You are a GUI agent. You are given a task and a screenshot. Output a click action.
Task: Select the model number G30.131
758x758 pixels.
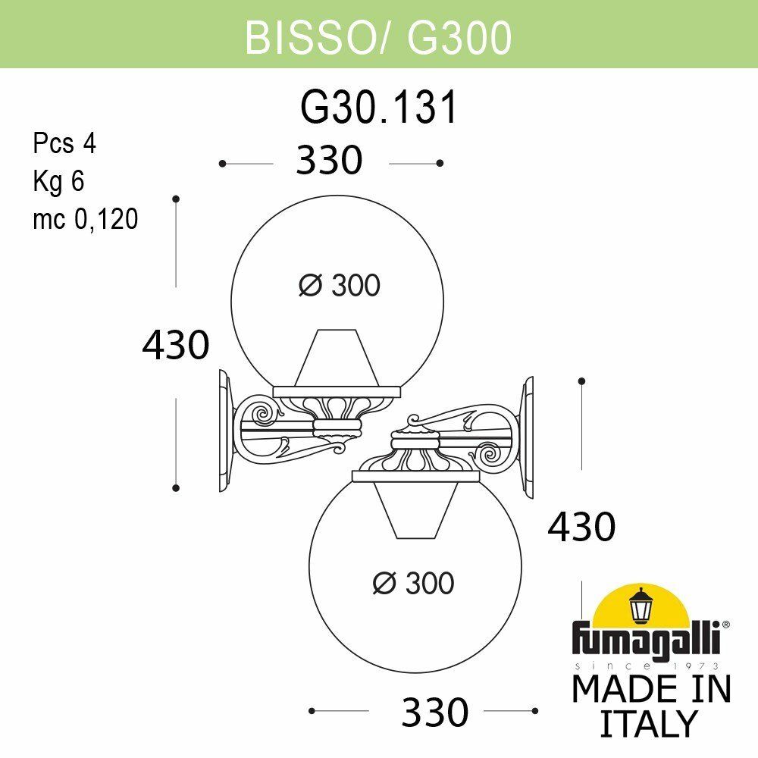click(379, 108)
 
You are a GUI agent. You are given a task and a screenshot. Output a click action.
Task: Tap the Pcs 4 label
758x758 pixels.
click(64, 143)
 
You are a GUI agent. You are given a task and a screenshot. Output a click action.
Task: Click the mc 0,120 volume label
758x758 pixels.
click(85, 219)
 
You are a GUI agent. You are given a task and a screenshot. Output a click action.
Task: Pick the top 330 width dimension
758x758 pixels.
click(330, 161)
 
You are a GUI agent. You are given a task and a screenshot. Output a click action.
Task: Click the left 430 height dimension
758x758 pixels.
click(175, 346)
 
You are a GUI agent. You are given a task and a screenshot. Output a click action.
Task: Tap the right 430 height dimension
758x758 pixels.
click(581, 527)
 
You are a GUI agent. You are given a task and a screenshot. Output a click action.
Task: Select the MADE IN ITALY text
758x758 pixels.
click(650, 706)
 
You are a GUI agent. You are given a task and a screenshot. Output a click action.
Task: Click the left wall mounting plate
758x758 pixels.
click(225, 430)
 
